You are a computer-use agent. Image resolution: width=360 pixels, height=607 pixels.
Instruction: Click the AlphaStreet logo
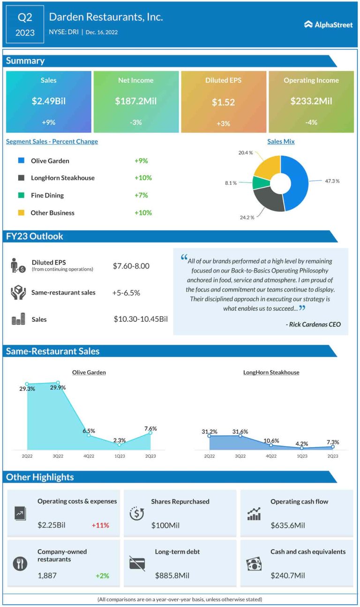(x=328, y=24)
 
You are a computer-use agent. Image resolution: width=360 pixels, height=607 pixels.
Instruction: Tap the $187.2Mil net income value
(x=136, y=101)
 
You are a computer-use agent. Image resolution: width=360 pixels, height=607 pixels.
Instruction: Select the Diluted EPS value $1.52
(x=223, y=102)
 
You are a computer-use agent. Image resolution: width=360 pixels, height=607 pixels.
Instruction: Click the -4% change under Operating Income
(x=311, y=122)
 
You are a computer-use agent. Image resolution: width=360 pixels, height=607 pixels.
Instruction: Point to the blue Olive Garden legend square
(x=21, y=160)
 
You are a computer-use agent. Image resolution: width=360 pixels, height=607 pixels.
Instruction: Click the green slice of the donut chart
(x=258, y=182)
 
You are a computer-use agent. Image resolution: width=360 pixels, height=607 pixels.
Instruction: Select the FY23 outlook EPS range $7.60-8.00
(x=131, y=266)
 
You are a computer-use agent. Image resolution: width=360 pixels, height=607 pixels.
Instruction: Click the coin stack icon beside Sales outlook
(x=18, y=320)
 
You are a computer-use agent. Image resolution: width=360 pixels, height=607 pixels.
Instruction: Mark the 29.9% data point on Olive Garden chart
(x=58, y=382)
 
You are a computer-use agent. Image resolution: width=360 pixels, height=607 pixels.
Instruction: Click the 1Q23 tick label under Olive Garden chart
(x=120, y=455)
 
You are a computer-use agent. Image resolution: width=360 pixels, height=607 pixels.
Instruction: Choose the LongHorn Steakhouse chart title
(x=271, y=372)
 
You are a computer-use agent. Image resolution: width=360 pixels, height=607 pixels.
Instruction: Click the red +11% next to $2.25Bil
(x=100, y=525)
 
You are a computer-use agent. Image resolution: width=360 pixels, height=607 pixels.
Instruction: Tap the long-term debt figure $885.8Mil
(x=172, y=576)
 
